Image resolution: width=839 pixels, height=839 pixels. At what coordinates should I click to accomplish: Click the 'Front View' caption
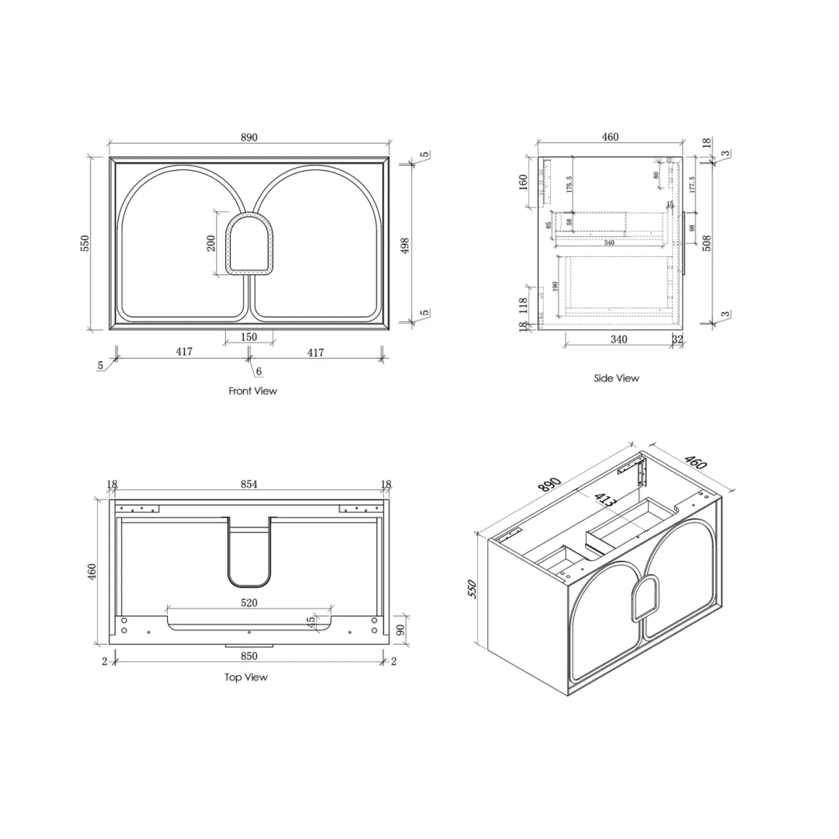[x=252, y=391]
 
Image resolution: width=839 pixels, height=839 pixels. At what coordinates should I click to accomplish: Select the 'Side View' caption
[x=615, y=378]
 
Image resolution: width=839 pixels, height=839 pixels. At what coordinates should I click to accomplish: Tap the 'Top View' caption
[x=245, y=677]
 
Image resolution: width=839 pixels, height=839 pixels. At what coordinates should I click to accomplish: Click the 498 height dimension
[x=404, y=245]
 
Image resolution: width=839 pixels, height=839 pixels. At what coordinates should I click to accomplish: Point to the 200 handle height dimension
[x=211, y=242]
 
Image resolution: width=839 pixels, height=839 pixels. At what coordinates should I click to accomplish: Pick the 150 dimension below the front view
[x=249, y=337]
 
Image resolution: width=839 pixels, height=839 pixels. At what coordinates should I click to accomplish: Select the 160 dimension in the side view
[x=524, y=181]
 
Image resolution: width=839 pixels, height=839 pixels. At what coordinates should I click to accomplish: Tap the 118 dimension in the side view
[x=523, y=305]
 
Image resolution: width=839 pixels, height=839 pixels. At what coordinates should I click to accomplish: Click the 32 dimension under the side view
[x=677, y=339]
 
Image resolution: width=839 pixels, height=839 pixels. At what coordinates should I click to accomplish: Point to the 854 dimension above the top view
[x=249, y=484]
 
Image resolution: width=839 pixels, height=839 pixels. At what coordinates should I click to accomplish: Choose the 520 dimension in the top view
[x=249, y=602]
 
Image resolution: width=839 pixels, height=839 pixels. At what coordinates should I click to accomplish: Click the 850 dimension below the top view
[x=249, y=656]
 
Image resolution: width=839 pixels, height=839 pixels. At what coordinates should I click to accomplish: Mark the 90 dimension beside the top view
[x=401, y=630]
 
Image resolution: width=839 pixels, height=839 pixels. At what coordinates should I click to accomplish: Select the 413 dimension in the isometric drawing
[x=605, y=500]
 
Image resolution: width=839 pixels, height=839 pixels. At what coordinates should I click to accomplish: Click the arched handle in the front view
[x=249, y=244]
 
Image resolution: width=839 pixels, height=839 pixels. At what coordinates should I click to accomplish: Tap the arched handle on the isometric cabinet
[x=644, y=597]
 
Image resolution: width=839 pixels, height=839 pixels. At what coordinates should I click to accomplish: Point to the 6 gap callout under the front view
[x=259, y=372]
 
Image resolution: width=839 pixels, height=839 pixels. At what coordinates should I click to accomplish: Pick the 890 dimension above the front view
[x=249, y=138]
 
